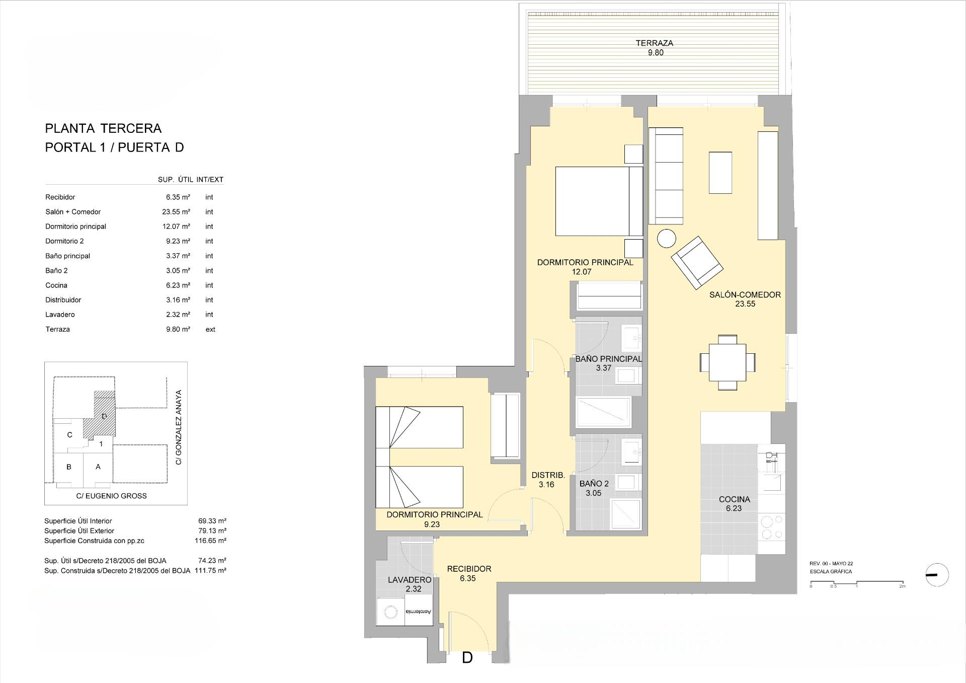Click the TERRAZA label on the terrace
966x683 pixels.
pos(654,43)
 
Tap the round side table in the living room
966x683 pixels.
pos(667,239)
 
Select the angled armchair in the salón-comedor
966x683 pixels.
pos(697,262)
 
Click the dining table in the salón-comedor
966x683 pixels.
pos(728,362)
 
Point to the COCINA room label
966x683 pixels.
pos(734,499)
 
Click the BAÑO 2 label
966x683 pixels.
pos(594,484)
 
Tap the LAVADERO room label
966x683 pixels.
pos(409,580)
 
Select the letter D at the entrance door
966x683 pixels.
pos(467,658)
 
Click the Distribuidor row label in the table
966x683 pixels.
pos(63,300)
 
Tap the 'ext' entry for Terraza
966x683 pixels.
pos(210,329)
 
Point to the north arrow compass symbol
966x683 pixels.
pos(937,575)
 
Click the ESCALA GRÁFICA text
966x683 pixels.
pos(831,572)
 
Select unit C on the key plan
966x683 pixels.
pos(70,435)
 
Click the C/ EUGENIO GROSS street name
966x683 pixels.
pos(111,496)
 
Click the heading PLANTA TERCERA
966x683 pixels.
pos(103,128)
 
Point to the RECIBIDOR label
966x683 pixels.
pos(469,569)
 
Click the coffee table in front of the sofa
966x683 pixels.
pos(720,173)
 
